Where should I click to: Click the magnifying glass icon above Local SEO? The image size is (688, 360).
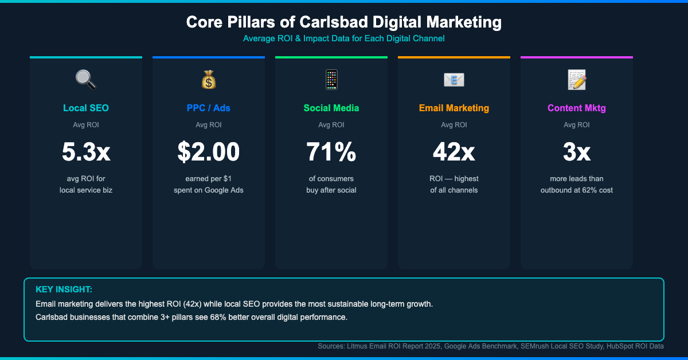(86, 80)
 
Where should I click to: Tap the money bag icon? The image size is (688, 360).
(209, 80)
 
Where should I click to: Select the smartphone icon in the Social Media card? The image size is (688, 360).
(331, 80)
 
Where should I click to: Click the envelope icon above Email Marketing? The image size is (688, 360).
(454, 80)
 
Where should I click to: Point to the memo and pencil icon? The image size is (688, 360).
(577, 80)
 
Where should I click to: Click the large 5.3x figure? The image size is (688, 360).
(86, 152)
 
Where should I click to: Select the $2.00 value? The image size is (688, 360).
(209, 152)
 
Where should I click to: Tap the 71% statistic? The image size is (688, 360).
(331, 152)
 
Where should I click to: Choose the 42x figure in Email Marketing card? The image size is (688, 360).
(454, 152)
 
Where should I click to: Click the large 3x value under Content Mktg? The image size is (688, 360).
(577, 152)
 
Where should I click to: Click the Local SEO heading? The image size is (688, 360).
(86, 108)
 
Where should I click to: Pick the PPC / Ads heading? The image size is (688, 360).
(209, 108)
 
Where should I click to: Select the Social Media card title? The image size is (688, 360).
(331, 108)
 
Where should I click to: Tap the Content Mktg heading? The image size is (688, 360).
(577, 108)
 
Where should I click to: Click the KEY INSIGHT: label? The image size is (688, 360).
(64, 289)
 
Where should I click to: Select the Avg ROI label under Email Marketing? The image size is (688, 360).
(454, 124)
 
